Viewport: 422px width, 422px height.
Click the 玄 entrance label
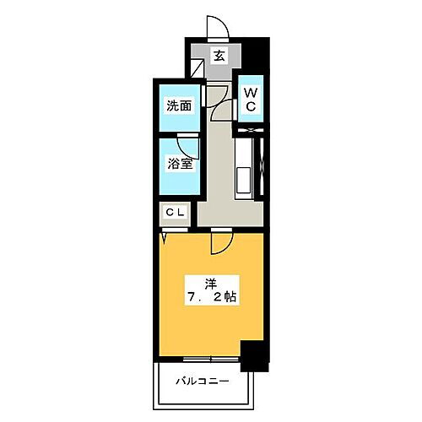click(219, 57)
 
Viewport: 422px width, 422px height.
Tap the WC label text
click(251, 100)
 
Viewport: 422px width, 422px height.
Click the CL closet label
click(176, 214)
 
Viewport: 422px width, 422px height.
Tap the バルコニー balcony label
click(203, 381)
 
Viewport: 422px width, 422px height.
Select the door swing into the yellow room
click(223, 243)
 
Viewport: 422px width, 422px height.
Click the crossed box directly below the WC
click(250, 131)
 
